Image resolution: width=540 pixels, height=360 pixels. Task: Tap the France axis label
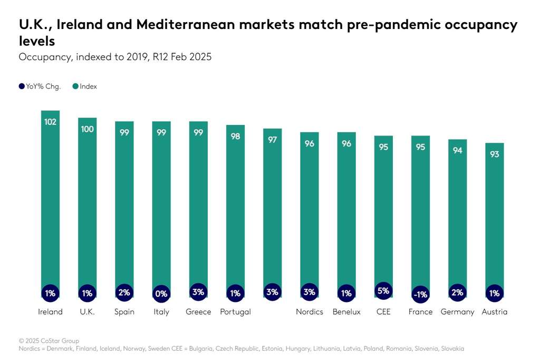point(420,312)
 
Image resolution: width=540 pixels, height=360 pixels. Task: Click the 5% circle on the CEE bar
point(383,290)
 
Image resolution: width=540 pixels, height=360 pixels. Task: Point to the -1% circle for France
point(420,294)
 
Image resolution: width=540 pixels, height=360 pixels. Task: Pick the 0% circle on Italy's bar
point(161,293)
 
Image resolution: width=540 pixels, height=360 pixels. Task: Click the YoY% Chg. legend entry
point(40,86)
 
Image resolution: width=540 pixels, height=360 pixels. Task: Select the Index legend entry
point(85,86)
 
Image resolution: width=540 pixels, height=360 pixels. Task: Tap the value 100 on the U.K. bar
point(87,129)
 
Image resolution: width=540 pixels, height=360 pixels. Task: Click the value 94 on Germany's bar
point(457,151)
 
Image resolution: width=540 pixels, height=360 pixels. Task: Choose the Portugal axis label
point(235,312)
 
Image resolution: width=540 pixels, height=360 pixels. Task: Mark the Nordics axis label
point(309,312)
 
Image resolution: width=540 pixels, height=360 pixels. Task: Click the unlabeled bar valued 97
point(272,211)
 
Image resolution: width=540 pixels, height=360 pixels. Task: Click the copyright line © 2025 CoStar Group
point(49,340)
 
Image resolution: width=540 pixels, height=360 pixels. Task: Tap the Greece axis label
point(198,312)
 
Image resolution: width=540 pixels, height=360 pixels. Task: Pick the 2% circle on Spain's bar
point(124,293)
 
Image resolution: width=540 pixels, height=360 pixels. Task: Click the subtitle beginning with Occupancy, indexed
point(115,57)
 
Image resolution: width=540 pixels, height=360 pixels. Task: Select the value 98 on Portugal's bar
point(235,136)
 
